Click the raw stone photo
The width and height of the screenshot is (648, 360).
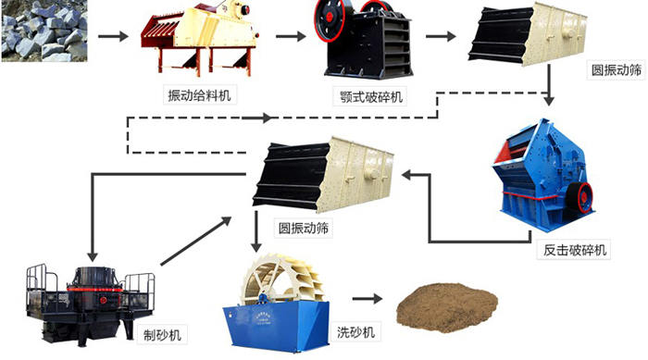44,31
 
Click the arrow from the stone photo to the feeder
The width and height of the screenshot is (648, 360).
112,36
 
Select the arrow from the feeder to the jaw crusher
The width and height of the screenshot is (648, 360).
290,36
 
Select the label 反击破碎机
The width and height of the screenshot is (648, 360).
573,250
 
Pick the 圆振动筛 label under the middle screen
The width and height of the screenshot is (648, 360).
305,226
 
